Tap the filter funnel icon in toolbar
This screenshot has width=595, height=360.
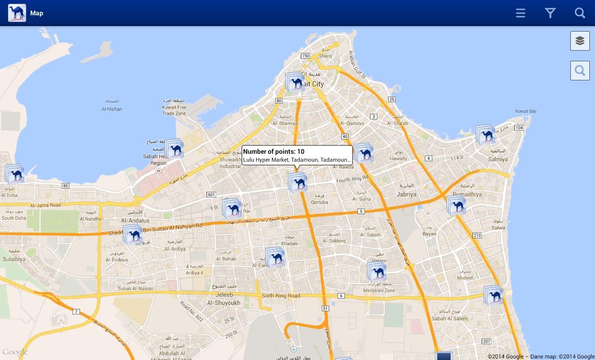[550, 13]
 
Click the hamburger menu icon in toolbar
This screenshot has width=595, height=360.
[521, 13]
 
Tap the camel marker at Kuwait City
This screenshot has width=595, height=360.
[296, 83]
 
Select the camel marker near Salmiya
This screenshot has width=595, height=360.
[486, 135]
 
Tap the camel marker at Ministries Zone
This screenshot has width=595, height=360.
[377, 272]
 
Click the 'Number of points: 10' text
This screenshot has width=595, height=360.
[274, 151]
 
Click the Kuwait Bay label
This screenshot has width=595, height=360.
[526, 111]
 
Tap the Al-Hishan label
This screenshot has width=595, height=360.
[112, 109]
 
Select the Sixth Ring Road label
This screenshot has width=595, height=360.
[281, 295]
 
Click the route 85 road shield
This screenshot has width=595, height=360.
[66, 186]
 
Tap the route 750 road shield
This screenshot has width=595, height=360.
[305, 56]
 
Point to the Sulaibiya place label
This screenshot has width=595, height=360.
[13, 259]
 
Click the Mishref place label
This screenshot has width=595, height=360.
[465, 278]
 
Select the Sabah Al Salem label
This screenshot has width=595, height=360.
[450, 318]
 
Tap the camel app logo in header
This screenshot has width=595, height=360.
[17, 13]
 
